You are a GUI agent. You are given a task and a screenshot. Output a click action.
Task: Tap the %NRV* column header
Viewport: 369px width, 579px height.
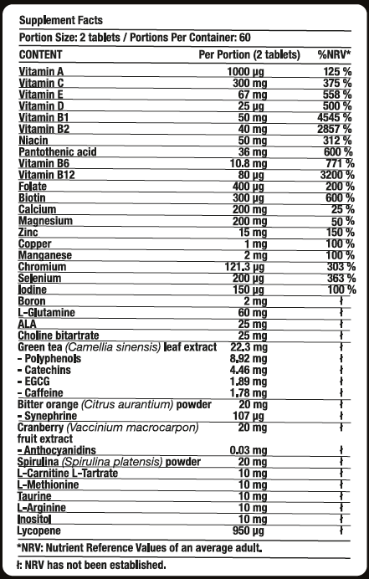coord(333,54)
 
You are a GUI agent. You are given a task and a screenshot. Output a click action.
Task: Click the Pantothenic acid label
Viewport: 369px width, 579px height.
coord(56,151)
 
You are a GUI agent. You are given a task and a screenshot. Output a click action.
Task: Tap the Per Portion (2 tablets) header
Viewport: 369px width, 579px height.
coord(249,54)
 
